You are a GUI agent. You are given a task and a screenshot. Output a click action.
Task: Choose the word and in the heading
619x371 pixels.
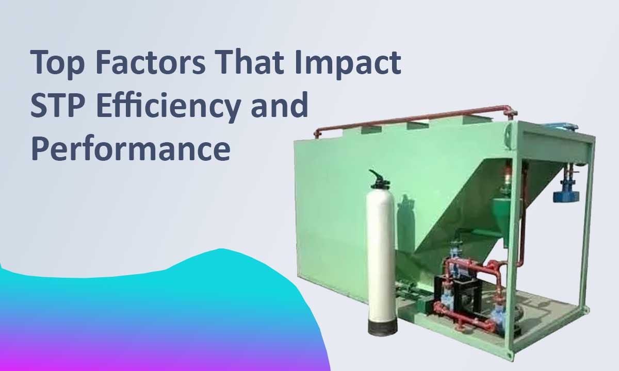[283, 105]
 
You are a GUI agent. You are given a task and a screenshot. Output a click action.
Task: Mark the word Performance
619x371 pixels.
[130, 148]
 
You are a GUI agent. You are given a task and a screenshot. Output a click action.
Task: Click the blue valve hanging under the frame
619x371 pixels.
[566, 195]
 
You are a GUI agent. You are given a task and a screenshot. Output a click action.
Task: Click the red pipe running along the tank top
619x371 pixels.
[413, 118]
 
